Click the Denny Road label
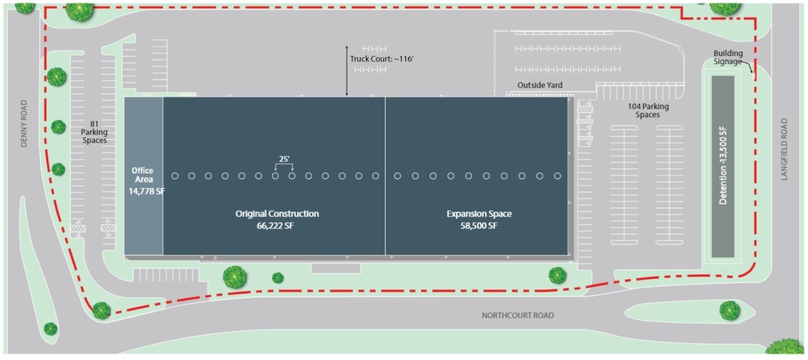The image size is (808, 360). coord(24,123)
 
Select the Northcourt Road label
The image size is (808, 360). coord(517,316)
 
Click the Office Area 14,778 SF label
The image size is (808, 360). coord(143,181)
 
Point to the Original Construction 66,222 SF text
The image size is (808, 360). coord(277,220)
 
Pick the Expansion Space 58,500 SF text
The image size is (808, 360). coord(479,220)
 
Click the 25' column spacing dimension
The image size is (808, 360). coord(284,160)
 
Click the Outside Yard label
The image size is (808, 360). coord(540,85)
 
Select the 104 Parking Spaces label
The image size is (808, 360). coord(648,111)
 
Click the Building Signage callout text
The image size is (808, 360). coord(727,58)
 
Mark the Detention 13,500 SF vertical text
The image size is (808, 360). coord(723,166)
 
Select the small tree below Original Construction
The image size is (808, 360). coord(278,277)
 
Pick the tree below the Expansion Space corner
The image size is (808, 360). coord(557,275)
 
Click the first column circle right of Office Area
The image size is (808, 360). coord(175,176)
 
